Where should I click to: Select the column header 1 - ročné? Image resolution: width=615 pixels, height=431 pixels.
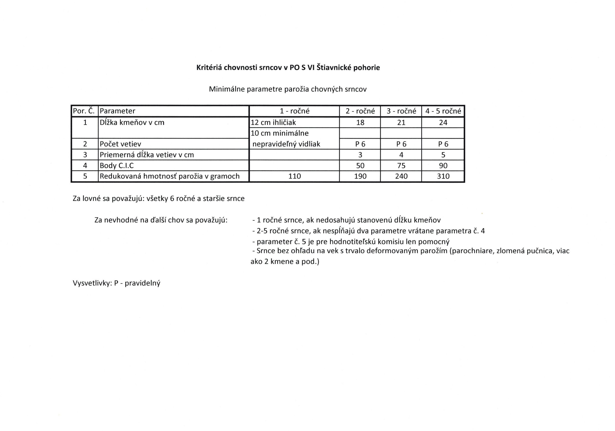coord(294,111)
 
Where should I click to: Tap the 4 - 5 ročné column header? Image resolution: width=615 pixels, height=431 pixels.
coord(443,111)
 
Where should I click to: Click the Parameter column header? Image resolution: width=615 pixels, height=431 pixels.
coord(117,111)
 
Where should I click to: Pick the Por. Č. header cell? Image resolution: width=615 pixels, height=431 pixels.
coord(84,111)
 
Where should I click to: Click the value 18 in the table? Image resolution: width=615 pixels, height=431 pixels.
coord(360,123)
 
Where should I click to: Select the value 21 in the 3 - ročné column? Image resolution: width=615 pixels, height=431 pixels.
coord(401,123)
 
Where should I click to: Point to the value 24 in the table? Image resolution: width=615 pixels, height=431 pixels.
coord(443,123)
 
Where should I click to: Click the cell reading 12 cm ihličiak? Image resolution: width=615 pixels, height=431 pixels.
coord(273,123)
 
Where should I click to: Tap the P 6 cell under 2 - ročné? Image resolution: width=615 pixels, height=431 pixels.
coord(360,144)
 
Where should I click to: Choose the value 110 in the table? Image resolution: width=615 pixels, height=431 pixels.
coord(294,176)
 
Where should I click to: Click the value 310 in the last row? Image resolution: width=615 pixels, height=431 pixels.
coord(443,176)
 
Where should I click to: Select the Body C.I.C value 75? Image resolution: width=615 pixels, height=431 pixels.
coord(401,166)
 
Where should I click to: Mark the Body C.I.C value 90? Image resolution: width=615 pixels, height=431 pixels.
coord(443,166)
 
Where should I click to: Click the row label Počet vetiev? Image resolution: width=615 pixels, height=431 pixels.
coord(120,144)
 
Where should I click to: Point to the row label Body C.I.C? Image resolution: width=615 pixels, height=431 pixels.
coord(117,166)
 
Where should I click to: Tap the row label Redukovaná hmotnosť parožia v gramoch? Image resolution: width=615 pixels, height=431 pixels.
coord(170,176)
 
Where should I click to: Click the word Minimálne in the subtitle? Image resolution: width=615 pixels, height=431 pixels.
coord(227,89)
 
